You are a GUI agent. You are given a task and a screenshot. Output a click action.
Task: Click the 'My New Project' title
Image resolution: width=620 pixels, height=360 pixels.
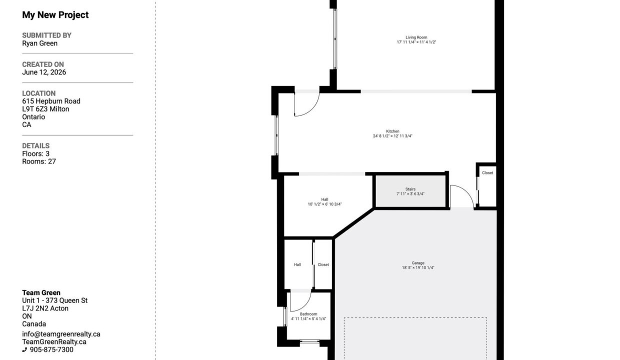pos(55,15)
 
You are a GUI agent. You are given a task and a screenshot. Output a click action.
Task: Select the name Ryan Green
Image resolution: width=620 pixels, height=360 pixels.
pos(40,43)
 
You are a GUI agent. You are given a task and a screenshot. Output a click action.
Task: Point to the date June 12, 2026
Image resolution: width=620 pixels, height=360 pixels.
pos(44,72)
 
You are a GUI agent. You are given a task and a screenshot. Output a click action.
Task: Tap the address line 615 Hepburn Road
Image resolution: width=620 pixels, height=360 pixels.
pos(51,101)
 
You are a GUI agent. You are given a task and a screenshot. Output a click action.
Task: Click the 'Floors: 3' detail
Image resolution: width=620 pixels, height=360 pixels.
pos(35,153)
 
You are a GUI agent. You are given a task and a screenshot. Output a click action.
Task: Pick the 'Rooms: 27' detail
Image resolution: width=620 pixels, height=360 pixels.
pos(39,161)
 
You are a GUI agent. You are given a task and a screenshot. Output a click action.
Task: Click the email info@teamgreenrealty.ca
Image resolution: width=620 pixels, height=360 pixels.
pos(61,334)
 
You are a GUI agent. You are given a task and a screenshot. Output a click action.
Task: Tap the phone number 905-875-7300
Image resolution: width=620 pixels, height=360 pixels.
pos(51,349)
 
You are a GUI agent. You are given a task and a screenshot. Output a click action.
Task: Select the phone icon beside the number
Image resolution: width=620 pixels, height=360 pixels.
pos(24,350)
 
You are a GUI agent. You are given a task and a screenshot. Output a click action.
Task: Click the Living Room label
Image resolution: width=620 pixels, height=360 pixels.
pos(416,37)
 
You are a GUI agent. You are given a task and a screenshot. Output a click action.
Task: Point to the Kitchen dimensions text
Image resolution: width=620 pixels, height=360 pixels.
pos(392,136)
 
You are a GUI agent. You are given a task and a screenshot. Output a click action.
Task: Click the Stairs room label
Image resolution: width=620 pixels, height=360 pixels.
pos(410,189)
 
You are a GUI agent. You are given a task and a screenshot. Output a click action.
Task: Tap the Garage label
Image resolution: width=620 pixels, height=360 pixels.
pos(418,263)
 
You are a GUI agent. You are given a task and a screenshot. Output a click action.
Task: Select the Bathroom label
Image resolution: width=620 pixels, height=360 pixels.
pos(308,314)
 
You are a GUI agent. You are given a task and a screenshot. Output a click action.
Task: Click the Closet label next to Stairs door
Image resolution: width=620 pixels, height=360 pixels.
pos(487,173)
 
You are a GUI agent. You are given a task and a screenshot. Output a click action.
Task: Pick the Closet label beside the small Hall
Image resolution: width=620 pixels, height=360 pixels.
pos(323,265)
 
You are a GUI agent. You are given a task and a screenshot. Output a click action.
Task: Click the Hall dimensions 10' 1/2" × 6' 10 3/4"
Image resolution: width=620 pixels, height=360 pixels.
pos(324,204)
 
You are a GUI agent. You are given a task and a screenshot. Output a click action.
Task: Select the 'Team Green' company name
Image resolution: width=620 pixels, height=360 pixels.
pos(41,293)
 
